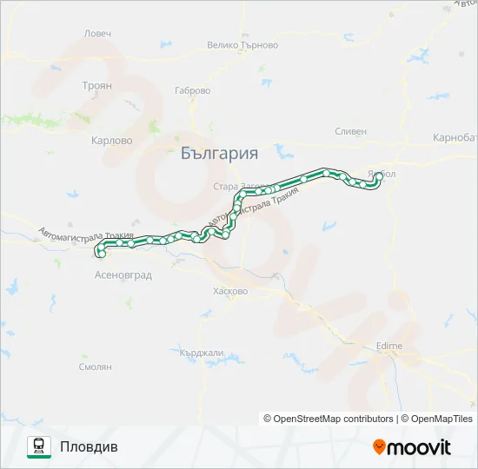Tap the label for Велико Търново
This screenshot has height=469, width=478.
pyautogui.click(x=242, y=45)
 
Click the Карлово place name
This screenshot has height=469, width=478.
pyautogui.click(x=111, y=139)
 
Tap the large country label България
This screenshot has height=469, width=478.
pyautogui.click(x=220, y=154)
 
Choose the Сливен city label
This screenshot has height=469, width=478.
pyautogui.click(x=351, y=131)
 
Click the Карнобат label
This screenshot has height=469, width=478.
pyautogui.click(x=455, y=138)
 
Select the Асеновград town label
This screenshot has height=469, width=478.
pyautogui.click(x=123, y=275)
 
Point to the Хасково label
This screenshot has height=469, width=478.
pyautogui.click(x=230, y=292)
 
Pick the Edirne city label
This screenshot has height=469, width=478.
pyautogui.click(x=388, y=346)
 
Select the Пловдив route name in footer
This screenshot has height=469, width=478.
pyautogui.click(x=89, y=446)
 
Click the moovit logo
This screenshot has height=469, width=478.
pyautogui.click(x=412, y=447)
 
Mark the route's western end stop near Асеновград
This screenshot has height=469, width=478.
pyautogui.click(x=101, y=254)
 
